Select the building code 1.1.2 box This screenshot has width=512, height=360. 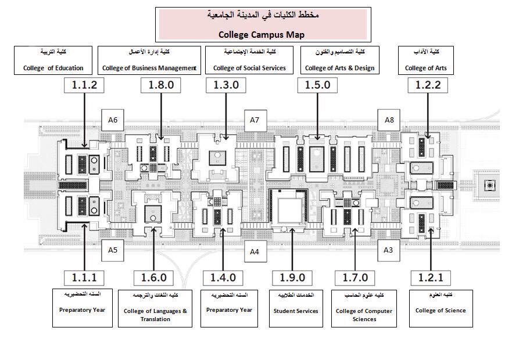[85, 85]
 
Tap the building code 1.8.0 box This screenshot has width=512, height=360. [161, 85]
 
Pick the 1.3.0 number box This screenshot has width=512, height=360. [226, 85]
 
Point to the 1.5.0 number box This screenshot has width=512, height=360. [317, 85]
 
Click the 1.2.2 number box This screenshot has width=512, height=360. [428, 85]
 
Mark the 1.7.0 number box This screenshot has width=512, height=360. [355, 278]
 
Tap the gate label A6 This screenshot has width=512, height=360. [113, 120]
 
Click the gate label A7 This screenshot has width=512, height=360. [255, 120]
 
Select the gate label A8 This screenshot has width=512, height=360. [389, 120]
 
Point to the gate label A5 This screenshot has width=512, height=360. [113, 250]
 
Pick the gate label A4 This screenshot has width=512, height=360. [255, 251]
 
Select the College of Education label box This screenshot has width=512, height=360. [53, 60]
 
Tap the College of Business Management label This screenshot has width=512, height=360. [149, 60]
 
